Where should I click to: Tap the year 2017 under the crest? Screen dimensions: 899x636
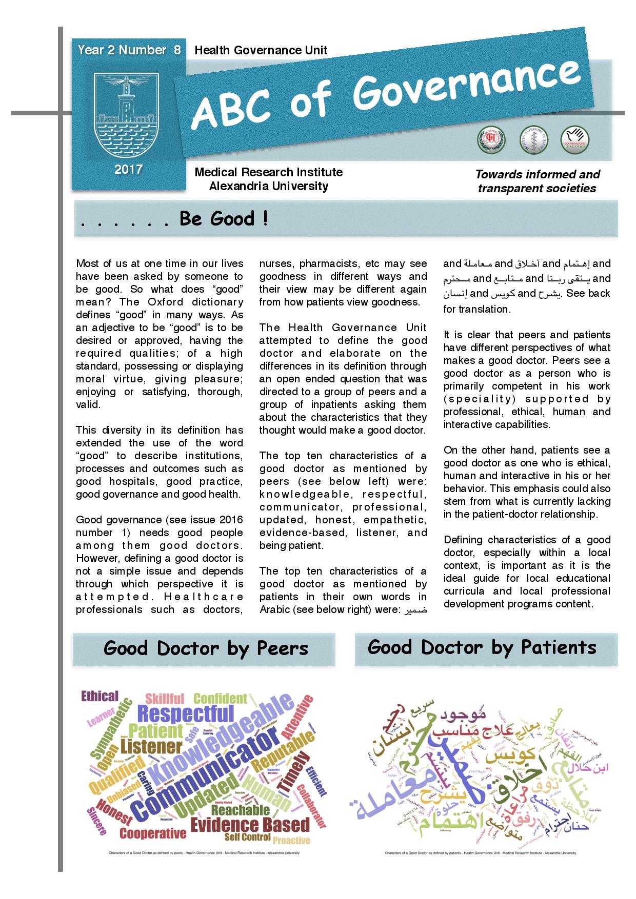[128, 169]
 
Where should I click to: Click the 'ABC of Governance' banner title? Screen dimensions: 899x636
[387, 95]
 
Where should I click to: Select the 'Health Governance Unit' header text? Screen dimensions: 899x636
[261, 50]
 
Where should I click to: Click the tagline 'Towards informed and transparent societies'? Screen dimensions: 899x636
[537, 181]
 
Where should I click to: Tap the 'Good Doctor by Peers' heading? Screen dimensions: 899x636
[205, 648]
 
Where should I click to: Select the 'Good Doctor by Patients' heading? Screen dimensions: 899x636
[482, 647]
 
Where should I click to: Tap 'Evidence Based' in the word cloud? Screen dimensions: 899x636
[250, 825]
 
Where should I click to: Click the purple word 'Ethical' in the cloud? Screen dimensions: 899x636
[100, 696]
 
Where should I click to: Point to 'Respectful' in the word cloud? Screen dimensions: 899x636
[186, 713]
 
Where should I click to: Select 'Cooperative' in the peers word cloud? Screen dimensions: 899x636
[153, 833]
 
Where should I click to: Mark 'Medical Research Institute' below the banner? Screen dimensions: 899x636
[268, 172]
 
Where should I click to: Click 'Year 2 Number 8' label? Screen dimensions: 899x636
[129, 50]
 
